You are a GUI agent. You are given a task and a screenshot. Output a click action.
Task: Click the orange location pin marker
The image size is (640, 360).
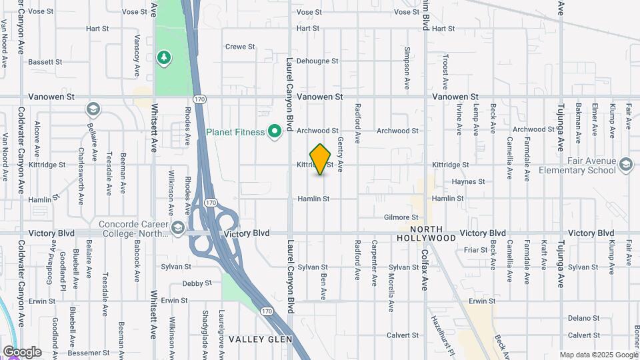click(x=321, y=159)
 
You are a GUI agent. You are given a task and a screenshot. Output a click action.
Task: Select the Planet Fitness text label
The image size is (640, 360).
click(x=235, y=131)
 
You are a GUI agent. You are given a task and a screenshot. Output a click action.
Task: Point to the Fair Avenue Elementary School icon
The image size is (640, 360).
click(x=625, y=164)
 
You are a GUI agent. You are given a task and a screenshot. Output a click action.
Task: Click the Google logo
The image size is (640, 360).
click(x=22, y=352)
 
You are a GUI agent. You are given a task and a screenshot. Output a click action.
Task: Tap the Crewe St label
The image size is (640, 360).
click(x=240, y=47)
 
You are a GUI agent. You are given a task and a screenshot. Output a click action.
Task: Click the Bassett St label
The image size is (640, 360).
click(x=45, y=61)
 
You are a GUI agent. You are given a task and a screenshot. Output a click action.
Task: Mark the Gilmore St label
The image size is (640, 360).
click(x=401, y=217)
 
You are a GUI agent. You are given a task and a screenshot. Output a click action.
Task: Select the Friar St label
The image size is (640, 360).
click(x=476, y=250)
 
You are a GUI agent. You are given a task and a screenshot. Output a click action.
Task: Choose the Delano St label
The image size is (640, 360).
click(x=584, y=318)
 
